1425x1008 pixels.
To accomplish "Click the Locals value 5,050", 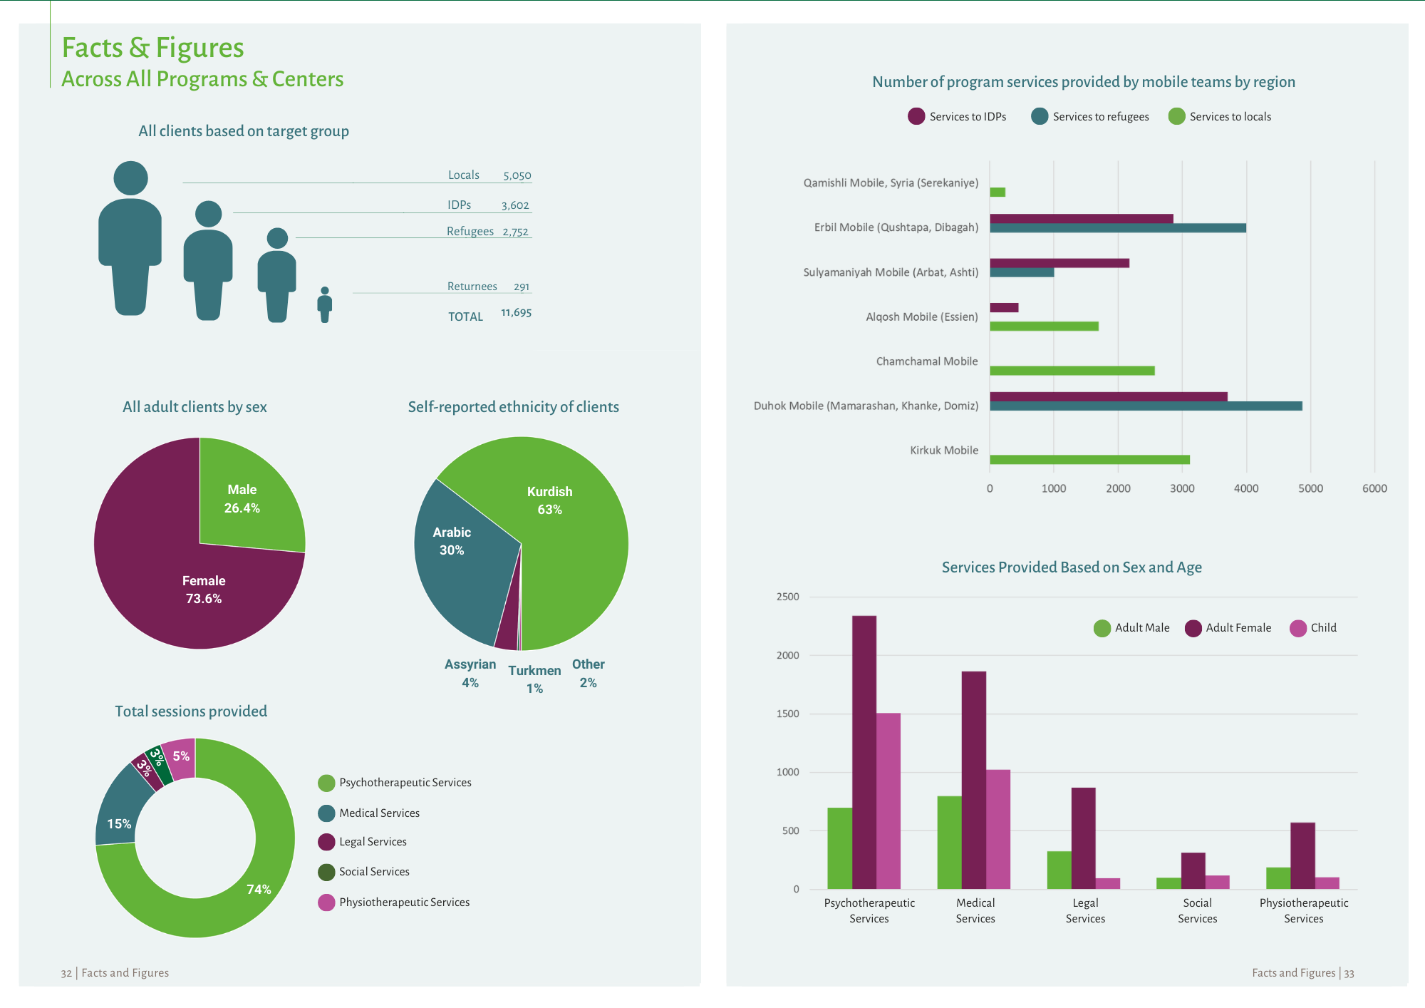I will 517,175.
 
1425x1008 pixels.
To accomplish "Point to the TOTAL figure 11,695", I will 516,313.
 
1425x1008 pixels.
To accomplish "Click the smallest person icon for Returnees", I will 325,305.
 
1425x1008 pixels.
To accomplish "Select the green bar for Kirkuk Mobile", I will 1089,460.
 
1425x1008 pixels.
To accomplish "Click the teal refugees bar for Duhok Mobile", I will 1146,406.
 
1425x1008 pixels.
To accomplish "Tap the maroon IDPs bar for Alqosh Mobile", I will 1004,308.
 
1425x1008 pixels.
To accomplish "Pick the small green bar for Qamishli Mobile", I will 997,192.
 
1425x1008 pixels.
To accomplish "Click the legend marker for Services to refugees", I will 1040,116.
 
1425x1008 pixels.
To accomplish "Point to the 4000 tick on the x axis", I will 1246,488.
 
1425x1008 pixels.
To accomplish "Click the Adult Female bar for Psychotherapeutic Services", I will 864,752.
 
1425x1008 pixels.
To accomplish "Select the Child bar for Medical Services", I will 998,829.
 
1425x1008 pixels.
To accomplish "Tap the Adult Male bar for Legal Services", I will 1059,870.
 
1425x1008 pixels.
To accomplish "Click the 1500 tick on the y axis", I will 788,714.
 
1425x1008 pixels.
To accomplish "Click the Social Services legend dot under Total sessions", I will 326,872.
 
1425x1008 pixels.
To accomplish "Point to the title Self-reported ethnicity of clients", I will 513,407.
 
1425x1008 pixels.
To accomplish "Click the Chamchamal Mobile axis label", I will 927,361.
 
